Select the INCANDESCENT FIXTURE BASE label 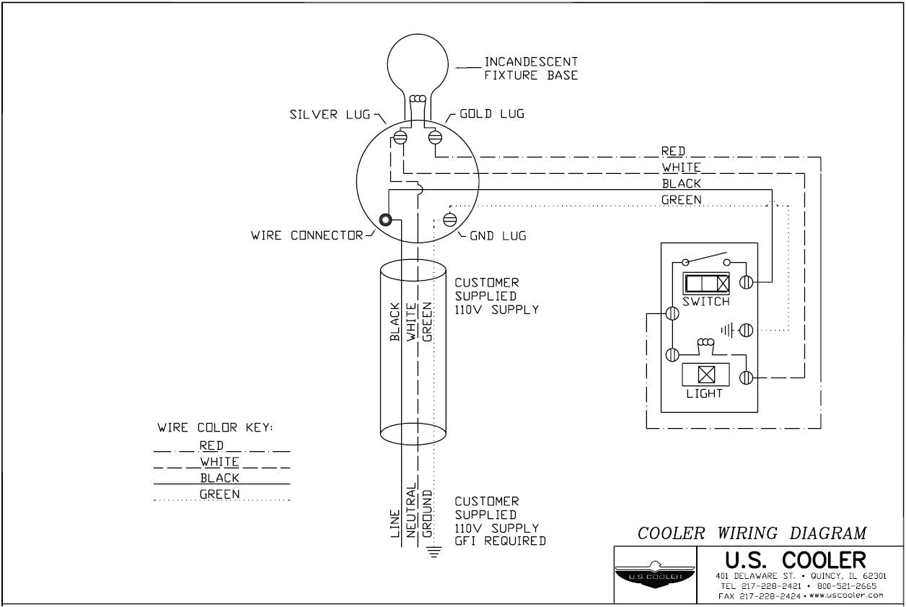click(x=531, y=69)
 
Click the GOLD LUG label click(x=492, y=114)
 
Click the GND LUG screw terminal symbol click(x=449, y=219)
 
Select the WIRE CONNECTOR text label click(x=307, y=235)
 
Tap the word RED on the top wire click(x=673, y=151)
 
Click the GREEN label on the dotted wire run click(x=681, y=199)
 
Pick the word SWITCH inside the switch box click(x=706, y=302)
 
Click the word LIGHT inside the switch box click(x=705, y=394)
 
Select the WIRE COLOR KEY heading click(x=215, y=428)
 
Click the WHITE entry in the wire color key click(x=220, y=461)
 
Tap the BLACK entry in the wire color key click(x=220, y=478)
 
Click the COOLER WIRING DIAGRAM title click(x=752, y=533)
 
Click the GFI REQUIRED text click(x=500, y=541)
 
